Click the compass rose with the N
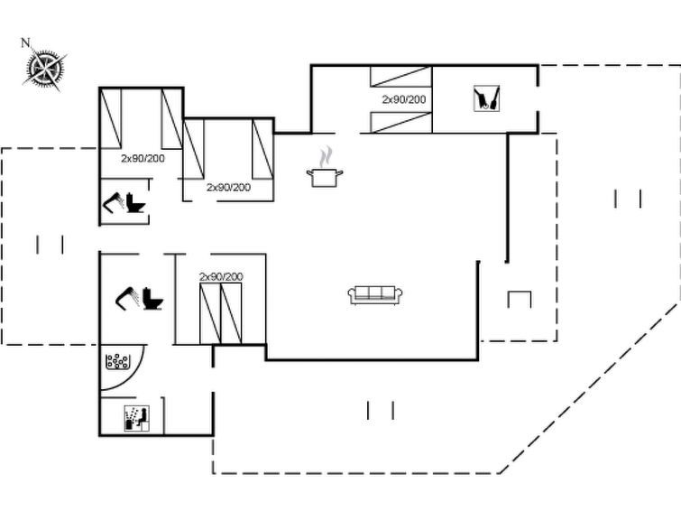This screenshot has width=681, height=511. [x=45, y=67]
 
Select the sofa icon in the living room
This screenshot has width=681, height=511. [x=374, y=294]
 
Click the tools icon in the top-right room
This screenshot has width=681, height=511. [x=485, y=98]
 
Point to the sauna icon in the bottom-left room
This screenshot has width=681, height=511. [x=135, y=417]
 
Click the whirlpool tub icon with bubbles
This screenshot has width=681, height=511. [x=117, y=362]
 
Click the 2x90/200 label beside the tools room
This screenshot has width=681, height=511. [x=403, y=99]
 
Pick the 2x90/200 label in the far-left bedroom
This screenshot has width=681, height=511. [x=143, y=157]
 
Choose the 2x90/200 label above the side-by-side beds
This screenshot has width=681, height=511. [x=221, y=276]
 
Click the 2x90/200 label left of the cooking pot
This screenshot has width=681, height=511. [x=228, y=187]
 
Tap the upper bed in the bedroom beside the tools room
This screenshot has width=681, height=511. [x=400, y=76]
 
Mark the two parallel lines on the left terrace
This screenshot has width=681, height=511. [x=50, y=244]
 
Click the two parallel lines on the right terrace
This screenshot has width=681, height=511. [x=628, y=199]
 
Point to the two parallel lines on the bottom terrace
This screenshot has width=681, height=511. [x=381, y=410]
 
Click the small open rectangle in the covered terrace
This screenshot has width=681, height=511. [x=520, y=299]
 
